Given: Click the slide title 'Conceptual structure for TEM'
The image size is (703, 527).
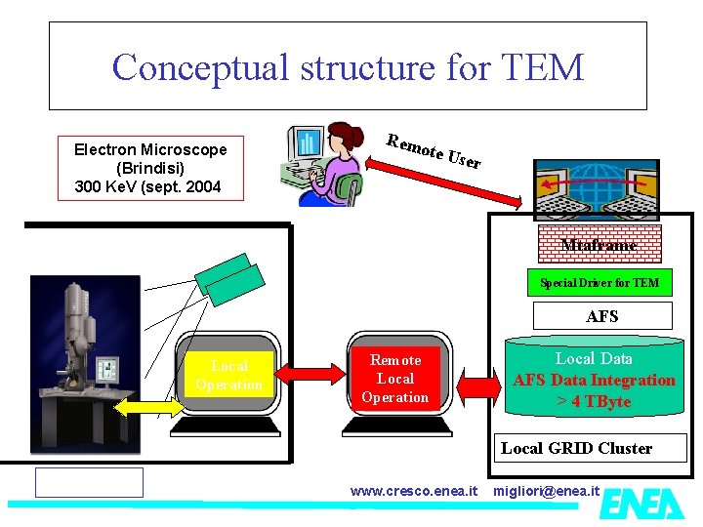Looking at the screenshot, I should (x=348, y=66).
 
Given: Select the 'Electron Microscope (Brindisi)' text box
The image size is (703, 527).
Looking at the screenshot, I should (x=150, y=168).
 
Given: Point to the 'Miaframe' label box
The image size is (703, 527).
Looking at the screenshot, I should (x=599, y=245).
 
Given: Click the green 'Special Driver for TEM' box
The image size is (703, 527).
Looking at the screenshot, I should (x=600, y=283).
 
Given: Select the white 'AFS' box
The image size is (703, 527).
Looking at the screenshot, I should (x=601, y=316).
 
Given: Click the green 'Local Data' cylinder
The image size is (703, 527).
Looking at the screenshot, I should (x=594, y=381).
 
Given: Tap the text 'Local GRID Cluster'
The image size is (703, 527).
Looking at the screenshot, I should (x=576, y=448).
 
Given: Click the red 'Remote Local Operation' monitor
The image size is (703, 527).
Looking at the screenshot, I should (x=394, y=379).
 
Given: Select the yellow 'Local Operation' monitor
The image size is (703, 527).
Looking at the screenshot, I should (x=228, y=376).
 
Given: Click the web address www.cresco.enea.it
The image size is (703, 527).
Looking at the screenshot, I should (x=414, y=489).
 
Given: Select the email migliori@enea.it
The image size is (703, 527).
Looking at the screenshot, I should (x=547, y=489).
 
